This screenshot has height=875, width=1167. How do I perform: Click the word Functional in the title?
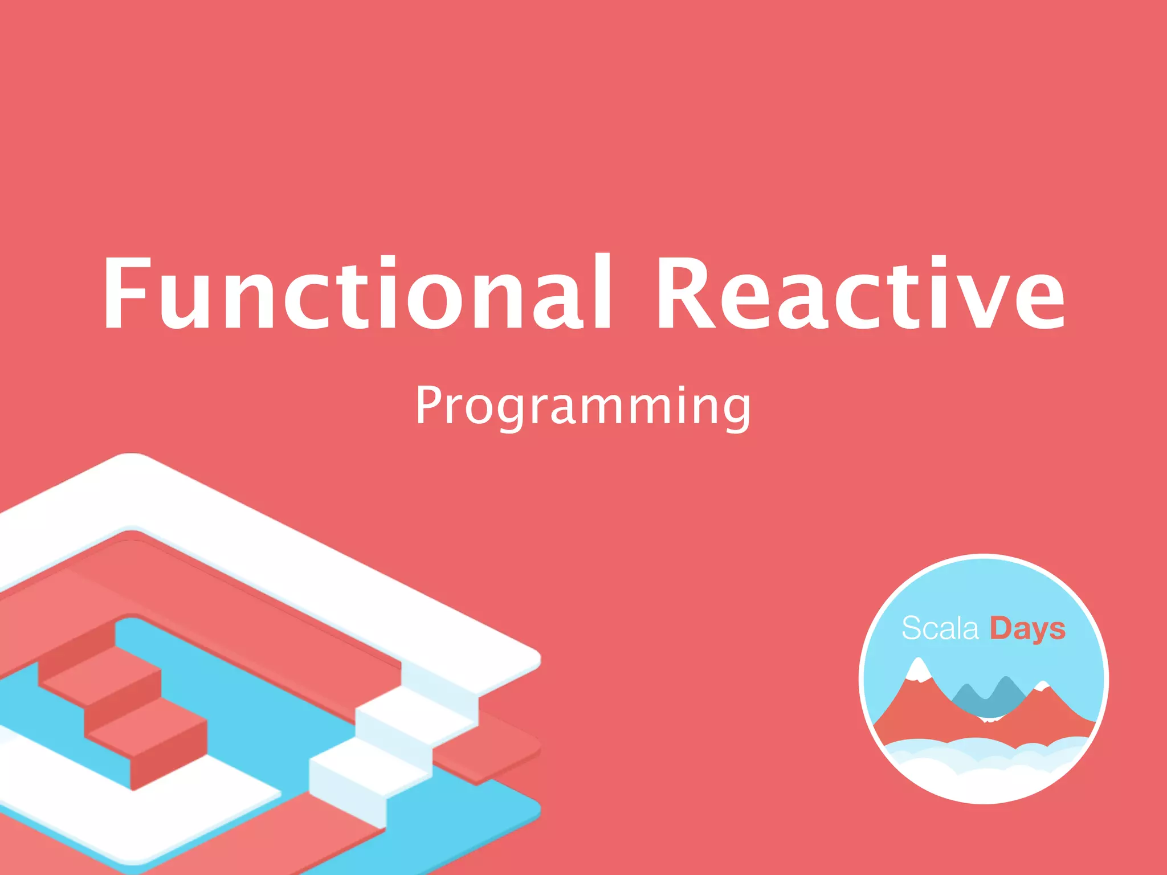coord(356,293)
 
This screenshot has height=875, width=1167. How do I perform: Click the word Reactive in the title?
coord(860,293)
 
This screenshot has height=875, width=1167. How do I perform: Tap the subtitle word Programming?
coord(582,406)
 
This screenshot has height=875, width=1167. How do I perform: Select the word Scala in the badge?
coord(940,629)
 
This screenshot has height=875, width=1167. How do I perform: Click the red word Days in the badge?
coord(1027,629)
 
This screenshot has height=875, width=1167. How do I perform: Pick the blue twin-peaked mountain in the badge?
coord(989,698)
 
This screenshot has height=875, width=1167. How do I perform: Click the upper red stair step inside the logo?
coord(103,678)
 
